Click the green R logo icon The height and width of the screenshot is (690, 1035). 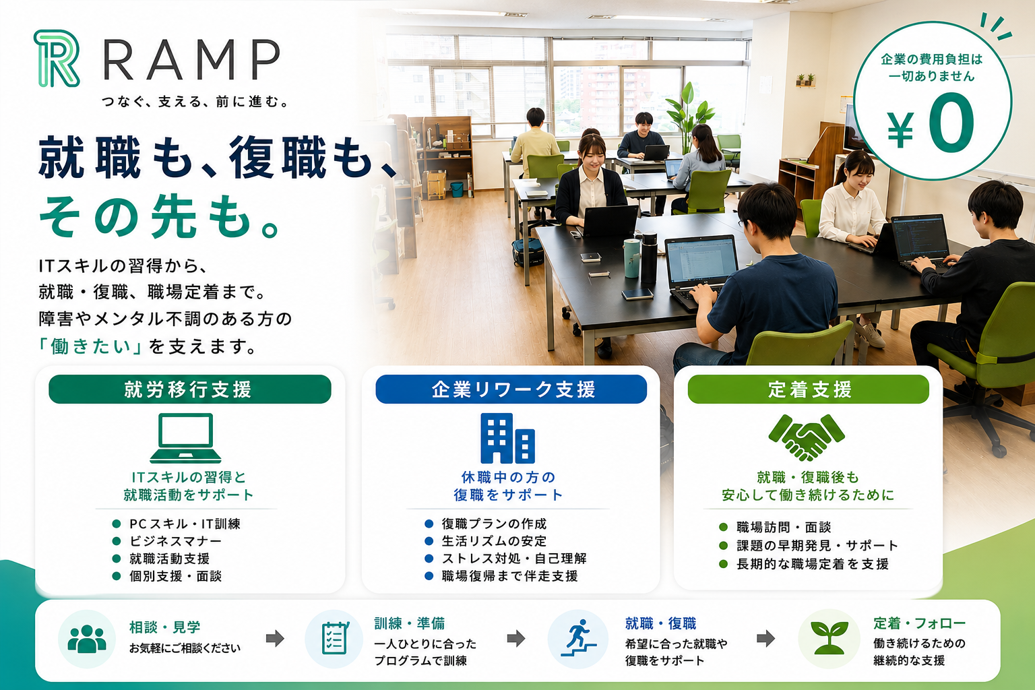point(57,58)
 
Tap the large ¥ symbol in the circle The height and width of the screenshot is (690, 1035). point(900,130)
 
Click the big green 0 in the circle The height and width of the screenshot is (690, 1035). point(951,122)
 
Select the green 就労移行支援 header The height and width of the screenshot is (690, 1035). point(190,389)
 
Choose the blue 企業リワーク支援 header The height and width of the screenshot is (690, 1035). point(511,389)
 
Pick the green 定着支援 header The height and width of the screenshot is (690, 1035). point(808,389)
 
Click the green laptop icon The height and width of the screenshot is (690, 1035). point(185,438)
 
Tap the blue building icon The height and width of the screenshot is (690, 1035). point(508,438)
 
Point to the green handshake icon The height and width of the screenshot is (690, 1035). point(807,437)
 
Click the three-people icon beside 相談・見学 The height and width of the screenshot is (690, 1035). point(87,639)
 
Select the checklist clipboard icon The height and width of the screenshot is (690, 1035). point(334,638)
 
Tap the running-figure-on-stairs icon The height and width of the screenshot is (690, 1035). point(579,637)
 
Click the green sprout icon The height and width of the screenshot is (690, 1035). point(829,638)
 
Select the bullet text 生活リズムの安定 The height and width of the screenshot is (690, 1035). point(494,540)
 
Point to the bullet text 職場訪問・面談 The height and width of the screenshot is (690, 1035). point(784,527)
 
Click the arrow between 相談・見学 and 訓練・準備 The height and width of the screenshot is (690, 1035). point(275,639)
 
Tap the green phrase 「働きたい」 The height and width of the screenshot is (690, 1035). point(90,346)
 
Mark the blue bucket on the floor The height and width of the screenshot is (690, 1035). point(457,189)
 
